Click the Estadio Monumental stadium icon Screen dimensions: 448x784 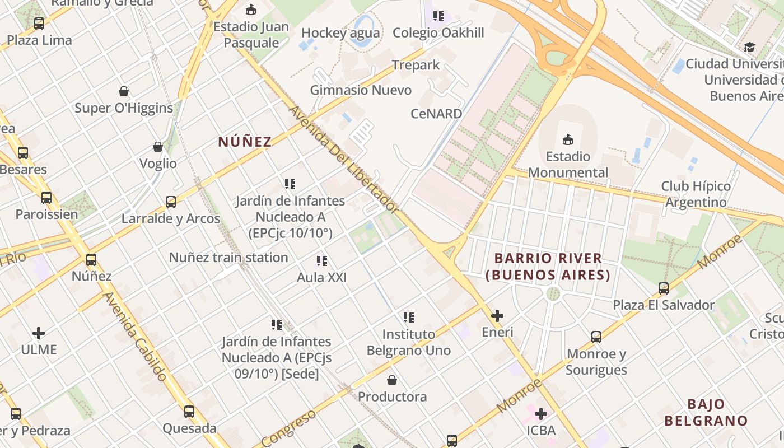click(x=568, y=139)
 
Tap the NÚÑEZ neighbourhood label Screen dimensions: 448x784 click(x=245, y=142)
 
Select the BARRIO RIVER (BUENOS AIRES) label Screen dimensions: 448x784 click(x=548, y=267)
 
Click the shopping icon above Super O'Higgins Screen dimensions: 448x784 click(x=124, y=91)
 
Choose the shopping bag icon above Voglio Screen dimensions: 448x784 click(x=158, y=147)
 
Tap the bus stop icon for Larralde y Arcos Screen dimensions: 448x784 click(x=171, y=202)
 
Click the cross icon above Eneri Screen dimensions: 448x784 click(x=497, y=316)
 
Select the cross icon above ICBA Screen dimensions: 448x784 click(x=541, y=414)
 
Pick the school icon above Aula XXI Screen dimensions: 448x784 click(x=321, y=261)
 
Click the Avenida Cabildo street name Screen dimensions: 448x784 click(x=135, y=336)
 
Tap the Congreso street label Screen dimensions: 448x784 click(x=288, y=428)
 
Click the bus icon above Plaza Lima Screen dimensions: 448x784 click(x=39, y=24)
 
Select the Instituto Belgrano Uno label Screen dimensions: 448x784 click(x=409, y=342)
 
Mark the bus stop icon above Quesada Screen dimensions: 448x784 click(x=189, y=412)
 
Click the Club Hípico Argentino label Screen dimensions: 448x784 click(x=696, y=194)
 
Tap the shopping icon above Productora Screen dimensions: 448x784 click(x=392, y=381)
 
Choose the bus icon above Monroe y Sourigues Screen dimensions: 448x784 click(x=596, y=337)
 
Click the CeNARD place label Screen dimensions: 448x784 click(x=436, y=114)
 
